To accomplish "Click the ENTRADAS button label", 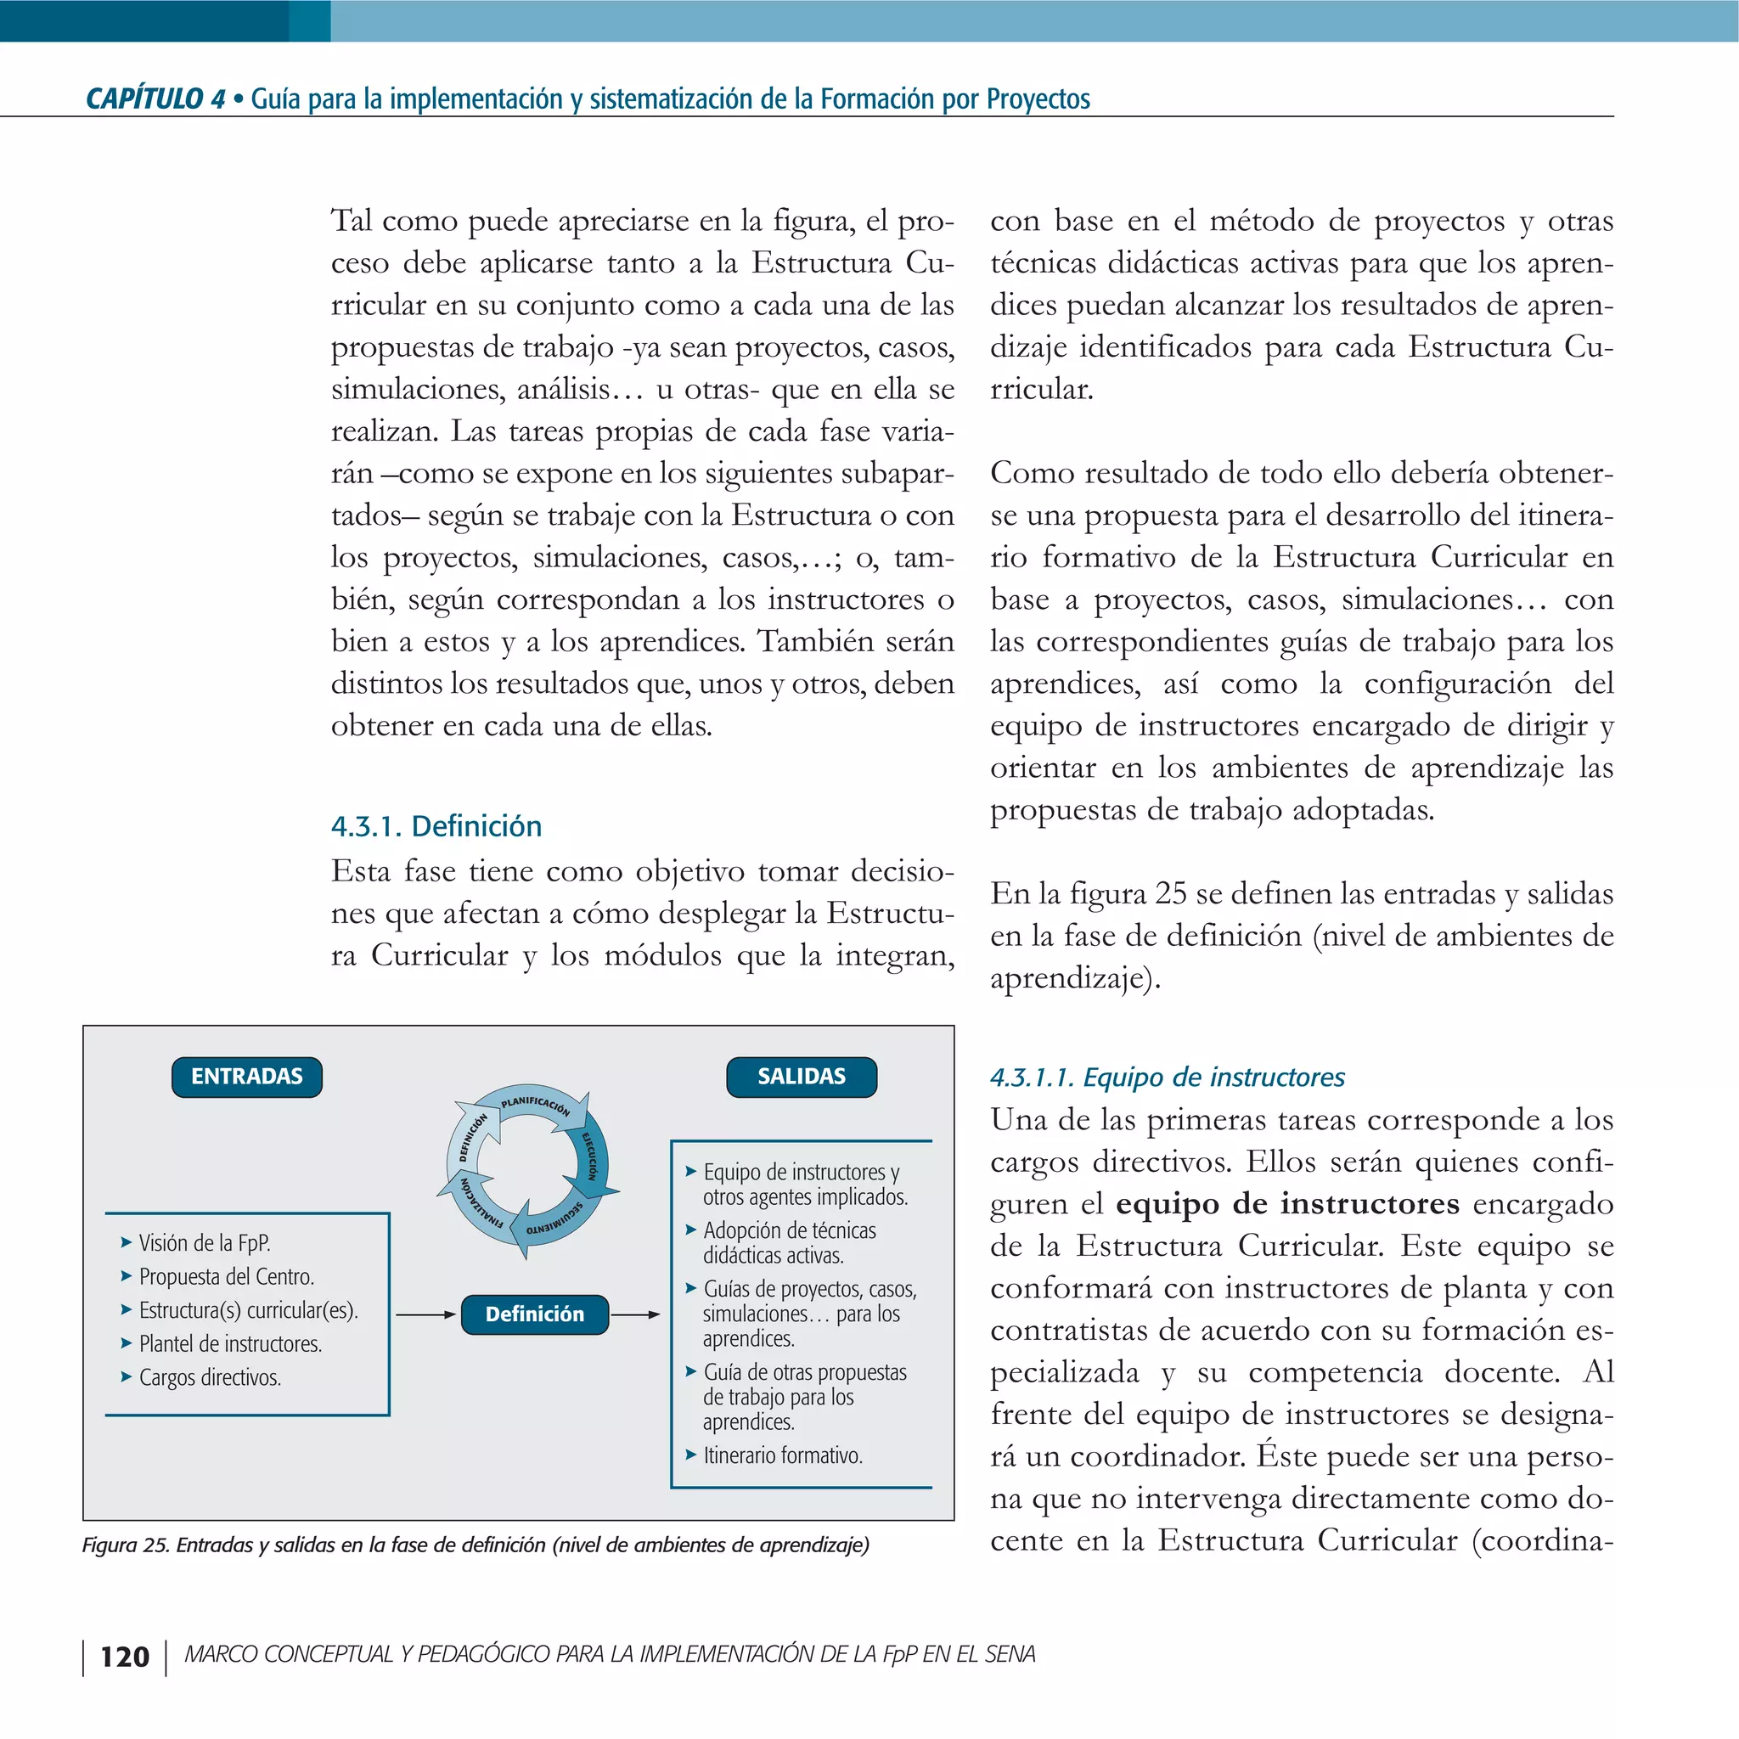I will click(x=246, y=1077).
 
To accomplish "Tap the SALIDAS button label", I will click(x=801, y=1077).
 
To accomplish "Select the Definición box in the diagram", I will click(x=535, y=1314).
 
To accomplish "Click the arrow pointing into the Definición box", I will click(x=425, y=1315).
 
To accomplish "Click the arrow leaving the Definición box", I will click(x=635, y=1315).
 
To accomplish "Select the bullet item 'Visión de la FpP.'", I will click(x=205, y=1243).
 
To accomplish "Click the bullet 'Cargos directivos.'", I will click(x=210, y=1377).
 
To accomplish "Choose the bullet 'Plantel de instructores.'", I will click(x=230, y=1344).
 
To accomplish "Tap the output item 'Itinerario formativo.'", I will click(x=782, y=1455).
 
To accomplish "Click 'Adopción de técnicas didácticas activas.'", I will click(x=789, y=1242).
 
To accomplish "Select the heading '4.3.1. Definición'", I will click(x=436, y=826).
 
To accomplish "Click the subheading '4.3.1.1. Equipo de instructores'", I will click(x=1167, y=1077).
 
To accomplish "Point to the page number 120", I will click(x=124, y=1657).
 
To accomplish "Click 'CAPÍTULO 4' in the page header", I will click(x=155, y=99).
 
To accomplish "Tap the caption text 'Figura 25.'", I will click(x=125, y=1545).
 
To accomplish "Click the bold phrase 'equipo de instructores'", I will click(x=1287, y=1203).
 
